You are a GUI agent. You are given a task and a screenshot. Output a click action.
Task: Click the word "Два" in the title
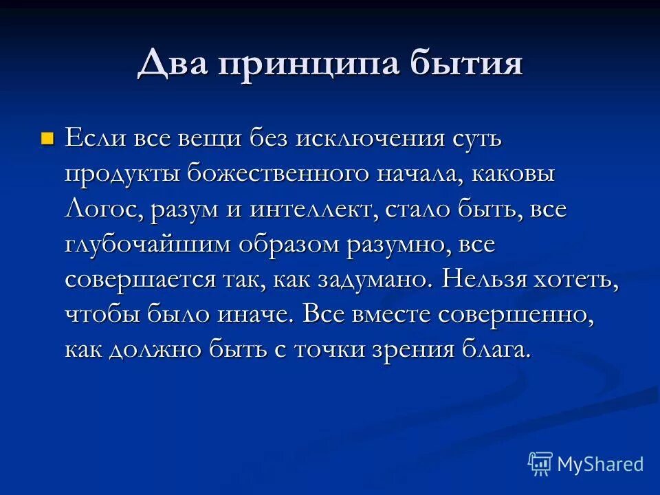[173, 64]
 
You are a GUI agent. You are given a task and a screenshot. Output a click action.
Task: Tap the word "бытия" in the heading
[466, 64]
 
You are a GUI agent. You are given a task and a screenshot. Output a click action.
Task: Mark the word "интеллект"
[309, 208]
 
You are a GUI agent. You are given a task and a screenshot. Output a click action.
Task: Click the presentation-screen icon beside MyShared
[540, 464]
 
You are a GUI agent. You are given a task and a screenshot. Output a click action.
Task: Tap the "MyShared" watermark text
[600, 464]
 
